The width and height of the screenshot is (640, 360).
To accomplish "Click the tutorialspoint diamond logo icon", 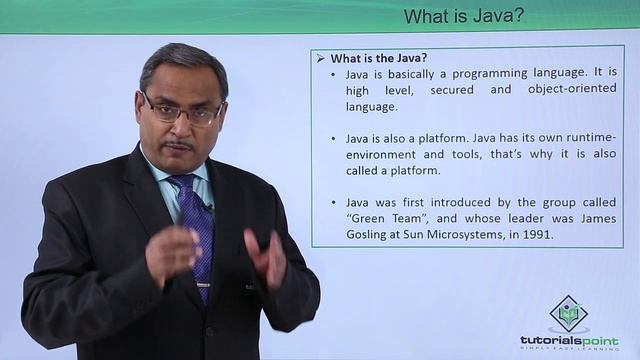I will coord(567,314).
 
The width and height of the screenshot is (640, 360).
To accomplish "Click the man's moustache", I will coord(177,146).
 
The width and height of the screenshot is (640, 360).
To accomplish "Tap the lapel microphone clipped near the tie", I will coord(207,206).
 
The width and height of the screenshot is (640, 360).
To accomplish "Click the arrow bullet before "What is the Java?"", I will coord(321,57).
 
